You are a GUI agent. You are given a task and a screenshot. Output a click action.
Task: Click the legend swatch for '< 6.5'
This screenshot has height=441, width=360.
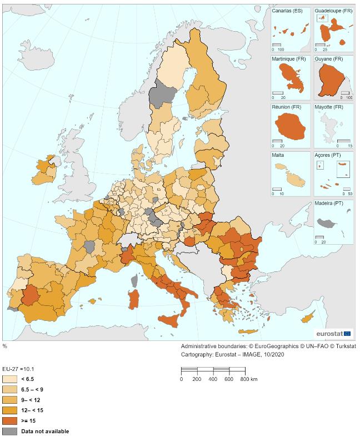point(9,379)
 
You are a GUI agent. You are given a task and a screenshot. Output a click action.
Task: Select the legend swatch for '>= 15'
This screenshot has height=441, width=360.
point(9,421)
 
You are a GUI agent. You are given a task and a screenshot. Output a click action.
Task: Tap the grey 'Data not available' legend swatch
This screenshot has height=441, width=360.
point(9,431)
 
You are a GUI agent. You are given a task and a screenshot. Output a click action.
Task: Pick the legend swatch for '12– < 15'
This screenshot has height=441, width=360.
point(9,410)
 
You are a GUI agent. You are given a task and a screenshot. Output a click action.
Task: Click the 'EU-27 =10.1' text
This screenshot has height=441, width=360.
point(18,369)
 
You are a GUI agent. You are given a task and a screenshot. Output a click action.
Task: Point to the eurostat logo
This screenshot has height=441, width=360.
point(333,334)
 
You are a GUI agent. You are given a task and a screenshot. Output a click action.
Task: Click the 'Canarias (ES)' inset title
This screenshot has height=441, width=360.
point(287,11)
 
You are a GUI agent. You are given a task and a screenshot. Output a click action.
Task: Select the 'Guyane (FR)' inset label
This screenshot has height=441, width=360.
point(328,59)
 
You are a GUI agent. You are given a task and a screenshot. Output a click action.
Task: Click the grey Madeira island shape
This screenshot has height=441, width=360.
point(327,223)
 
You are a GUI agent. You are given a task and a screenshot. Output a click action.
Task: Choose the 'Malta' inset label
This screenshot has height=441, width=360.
point(278,155)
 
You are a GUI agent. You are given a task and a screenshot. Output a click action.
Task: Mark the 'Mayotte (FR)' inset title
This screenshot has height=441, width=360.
point(329,107)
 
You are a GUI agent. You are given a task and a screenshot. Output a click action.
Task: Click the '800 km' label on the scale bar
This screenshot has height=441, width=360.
point(249,379)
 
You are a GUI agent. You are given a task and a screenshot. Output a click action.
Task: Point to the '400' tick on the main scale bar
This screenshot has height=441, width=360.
point(213,379)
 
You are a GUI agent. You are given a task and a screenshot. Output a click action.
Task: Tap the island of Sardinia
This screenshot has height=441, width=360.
point(134,299)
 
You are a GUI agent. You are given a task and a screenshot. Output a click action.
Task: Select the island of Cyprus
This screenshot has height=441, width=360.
point(308,317)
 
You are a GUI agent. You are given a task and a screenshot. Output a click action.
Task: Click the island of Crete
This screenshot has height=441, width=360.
point(248,331)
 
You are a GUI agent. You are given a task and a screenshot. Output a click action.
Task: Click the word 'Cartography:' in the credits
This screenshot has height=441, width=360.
point(197,354)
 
